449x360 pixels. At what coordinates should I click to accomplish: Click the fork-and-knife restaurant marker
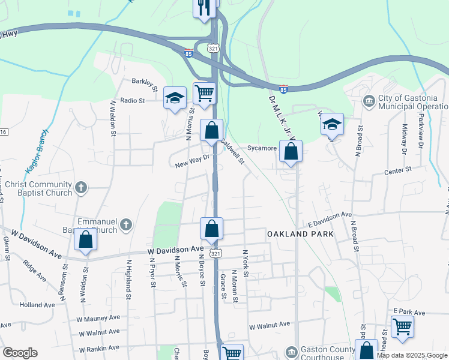(x=204, y=8)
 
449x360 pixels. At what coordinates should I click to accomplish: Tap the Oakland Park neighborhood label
(x=291, y=232)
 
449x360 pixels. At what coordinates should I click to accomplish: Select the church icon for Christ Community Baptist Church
(x=82, y=188)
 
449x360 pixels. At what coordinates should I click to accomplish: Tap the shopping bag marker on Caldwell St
(x=211, y=130)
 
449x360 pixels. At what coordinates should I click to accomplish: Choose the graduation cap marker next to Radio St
(x=174, y=98)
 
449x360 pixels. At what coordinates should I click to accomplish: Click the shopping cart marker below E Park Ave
(x=402, y=327)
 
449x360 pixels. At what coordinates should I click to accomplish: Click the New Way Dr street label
(x=191, y=161)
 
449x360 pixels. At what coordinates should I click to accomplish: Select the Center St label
(x=398, y=170)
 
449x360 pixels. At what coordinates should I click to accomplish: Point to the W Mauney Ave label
(x=99, y=317)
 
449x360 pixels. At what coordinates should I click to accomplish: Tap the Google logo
(x=20, y=353)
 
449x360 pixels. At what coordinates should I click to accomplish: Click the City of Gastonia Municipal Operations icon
(x=367, y=99)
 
